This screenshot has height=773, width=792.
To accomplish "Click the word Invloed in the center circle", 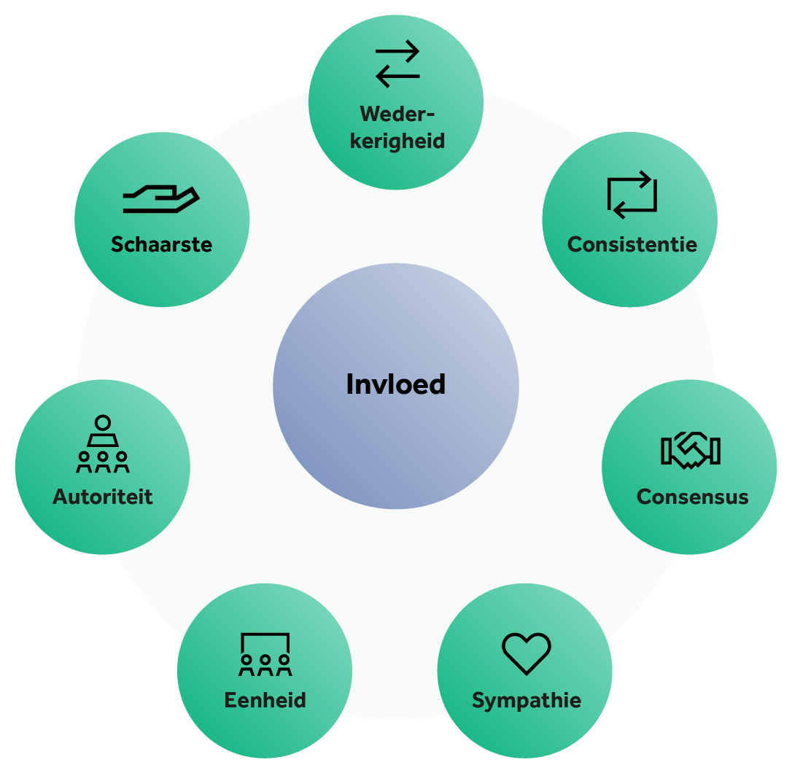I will [x=395, y=384].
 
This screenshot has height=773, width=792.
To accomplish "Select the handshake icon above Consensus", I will [x=690, y=450].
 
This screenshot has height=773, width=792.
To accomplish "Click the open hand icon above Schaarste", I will [x=161, y=199].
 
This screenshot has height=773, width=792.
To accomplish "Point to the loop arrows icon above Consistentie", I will [x=632, y=195].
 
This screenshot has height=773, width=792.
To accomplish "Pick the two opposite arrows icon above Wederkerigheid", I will [x=397, y=63].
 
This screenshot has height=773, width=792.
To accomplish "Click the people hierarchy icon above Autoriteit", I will [x=103, y=443].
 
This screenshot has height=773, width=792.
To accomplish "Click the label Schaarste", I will [x=161, y=244].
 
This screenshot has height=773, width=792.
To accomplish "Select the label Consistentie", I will [x=632, y=244].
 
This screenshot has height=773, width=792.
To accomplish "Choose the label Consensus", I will [x=692, y=497].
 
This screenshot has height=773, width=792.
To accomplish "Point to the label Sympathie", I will [x=526, y=701].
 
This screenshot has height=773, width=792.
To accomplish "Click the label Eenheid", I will [x=265, y=701].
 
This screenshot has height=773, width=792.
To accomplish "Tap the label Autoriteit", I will [x=103, y=497].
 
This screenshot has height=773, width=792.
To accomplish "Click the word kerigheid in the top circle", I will [x=397, y=140].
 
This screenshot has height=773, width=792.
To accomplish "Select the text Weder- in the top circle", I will [x=397, y=114].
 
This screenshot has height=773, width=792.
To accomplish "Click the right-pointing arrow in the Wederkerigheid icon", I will [x=397, y=52].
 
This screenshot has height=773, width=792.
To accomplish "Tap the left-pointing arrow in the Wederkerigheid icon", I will [x=397, y=76].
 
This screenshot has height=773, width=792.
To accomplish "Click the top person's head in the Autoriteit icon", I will [x=103, y=422].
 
